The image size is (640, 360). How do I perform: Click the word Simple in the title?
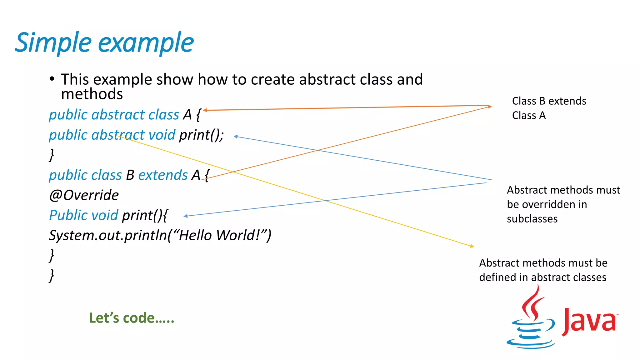click(53, 43)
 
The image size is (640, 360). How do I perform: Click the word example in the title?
click(146, 43)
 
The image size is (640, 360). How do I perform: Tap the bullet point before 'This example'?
click(52, 79)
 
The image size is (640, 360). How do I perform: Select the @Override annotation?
click(84, 195)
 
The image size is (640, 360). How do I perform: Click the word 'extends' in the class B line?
click(163, 175)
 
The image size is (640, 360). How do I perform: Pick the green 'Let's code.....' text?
click(132, 318)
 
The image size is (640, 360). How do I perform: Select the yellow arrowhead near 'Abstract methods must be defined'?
click(472, 246)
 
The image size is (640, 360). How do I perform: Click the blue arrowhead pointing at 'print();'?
click(236, 137)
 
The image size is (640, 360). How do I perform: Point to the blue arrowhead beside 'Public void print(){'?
click(186, 216)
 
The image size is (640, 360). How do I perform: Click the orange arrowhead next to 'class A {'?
click(205, 110)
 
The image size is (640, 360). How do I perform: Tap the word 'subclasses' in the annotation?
click(532, 219)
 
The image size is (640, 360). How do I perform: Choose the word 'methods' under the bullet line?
click(92, 94)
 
